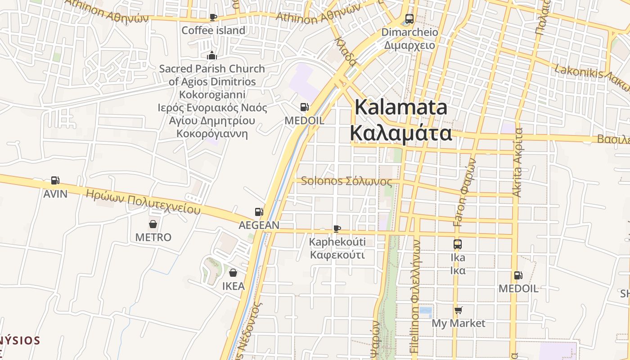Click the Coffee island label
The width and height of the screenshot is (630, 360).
(213, 31)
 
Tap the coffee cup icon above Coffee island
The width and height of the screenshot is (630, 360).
(213, 18)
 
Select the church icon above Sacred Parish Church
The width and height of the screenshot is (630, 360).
(212, 55)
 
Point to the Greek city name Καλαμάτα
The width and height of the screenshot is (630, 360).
(401, 133)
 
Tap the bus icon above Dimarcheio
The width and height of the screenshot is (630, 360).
(409, 19)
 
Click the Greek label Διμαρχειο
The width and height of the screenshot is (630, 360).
(409, 45)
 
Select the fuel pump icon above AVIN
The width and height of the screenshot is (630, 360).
(55, 180)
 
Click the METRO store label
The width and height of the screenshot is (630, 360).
(153, 237)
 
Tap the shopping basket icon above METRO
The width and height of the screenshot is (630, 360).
(153, 224)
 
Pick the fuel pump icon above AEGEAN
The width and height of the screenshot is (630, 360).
(259, 211)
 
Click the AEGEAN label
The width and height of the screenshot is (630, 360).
(259, 225)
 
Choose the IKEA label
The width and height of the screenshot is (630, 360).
(234, 286)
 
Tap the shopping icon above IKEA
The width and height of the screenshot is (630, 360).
(233, 273)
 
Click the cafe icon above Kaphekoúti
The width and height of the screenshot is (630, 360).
(337, 229)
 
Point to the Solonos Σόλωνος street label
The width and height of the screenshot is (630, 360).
(346, 181)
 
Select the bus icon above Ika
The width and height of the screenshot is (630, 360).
(458, 244)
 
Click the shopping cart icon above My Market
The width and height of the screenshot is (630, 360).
(459, 310)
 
